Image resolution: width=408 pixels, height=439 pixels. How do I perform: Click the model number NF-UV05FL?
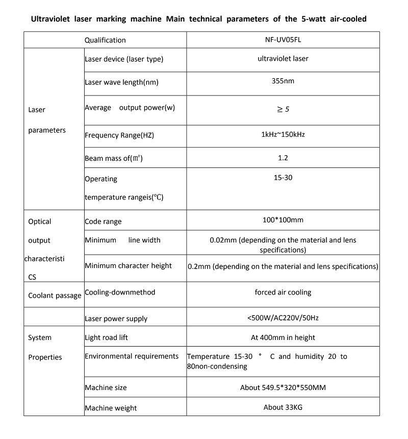click(283, 39)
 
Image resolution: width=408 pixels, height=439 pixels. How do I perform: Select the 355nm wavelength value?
click(283, 81)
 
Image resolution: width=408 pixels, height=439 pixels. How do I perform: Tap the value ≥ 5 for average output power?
click(283, 109)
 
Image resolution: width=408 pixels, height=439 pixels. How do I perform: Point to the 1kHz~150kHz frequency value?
click(283, 135)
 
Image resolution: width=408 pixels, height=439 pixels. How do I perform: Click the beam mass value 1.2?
click(283, 158)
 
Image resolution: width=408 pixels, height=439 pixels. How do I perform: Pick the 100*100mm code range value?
click(283, 220)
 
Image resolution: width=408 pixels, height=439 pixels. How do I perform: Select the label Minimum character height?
click(128, 265)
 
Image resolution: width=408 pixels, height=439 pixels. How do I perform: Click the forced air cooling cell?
click(283, 292)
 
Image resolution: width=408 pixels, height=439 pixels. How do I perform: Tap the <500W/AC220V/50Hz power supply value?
click(283, 318)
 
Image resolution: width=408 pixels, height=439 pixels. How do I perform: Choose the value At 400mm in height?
click(283, 337)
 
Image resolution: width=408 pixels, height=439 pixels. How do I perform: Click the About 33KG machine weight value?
click(283, 407)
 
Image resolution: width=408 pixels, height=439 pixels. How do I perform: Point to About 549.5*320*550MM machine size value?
click(283, 387)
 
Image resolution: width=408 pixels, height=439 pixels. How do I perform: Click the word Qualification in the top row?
click(105, 40)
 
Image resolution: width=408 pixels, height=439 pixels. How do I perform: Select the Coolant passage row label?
click(55, 295)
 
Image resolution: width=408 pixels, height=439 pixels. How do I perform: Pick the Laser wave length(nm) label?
click(118, 82)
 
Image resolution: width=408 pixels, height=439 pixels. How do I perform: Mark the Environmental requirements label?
click(132, 356)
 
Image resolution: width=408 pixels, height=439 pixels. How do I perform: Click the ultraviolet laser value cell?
click(283, 58)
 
